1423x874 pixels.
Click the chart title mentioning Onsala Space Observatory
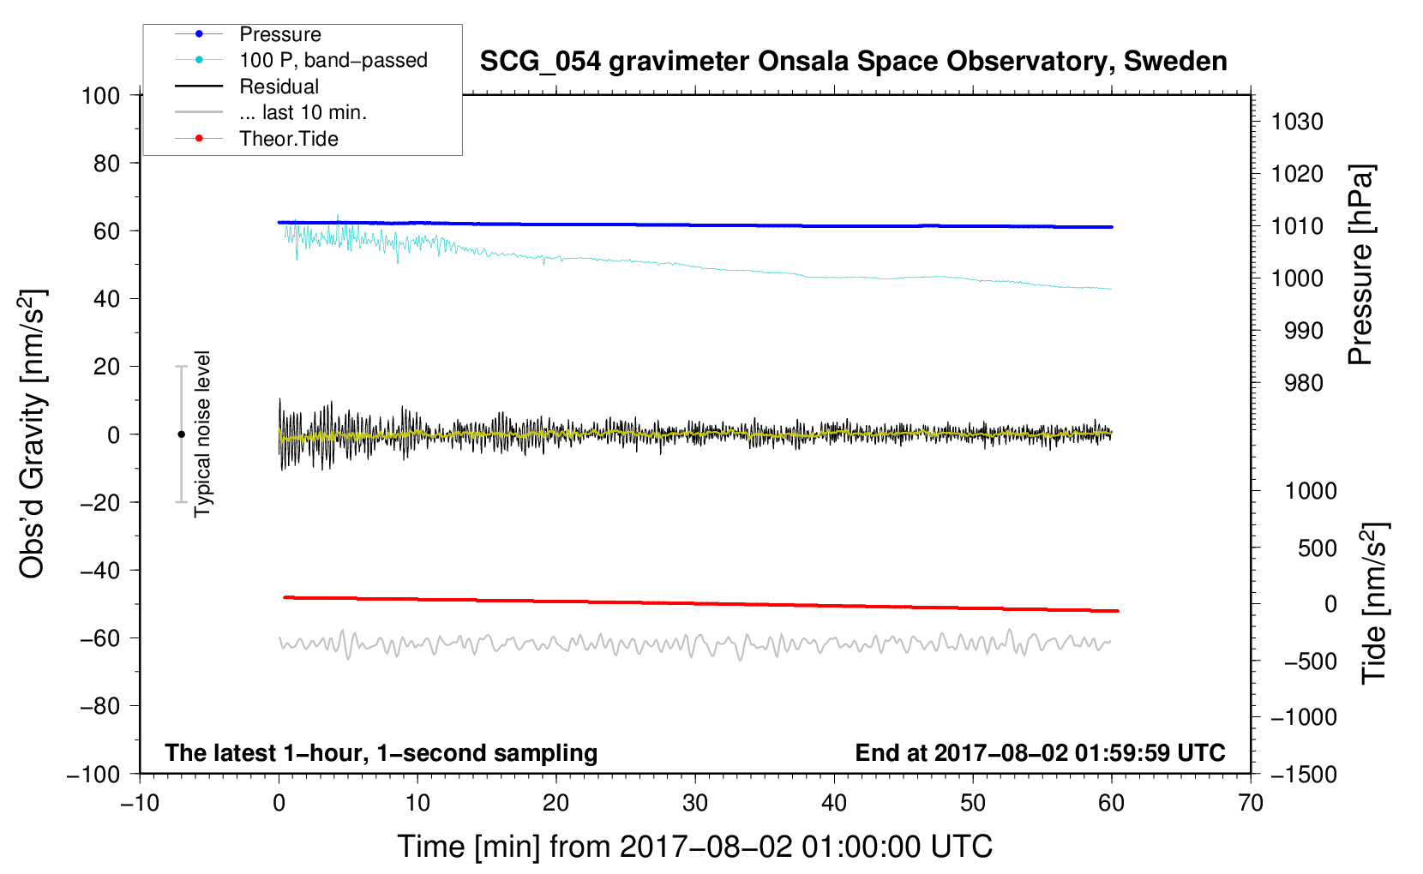(x=853, y=62)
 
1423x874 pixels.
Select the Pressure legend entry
(x=279, y=34)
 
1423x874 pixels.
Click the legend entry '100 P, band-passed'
(x=333, y=60)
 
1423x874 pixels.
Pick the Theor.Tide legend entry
(x=288, y=139)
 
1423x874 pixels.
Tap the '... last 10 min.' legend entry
(x=303, y=112)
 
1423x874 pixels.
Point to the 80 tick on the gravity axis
(x=106, y=163)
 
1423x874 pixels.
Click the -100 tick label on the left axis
(x=93, y=774)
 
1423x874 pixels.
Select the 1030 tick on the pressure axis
(x=1297, y=122)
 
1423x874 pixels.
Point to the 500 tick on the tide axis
(x=1317, y=548)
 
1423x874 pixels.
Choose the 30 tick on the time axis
(x=695, y=803)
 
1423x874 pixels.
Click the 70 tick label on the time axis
(x=1251, y=803)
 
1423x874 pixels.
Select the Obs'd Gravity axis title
(x=33, y=434)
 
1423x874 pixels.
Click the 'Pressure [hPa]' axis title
(x=1360, y=265)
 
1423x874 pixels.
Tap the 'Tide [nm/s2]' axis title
(x=1374, y=602)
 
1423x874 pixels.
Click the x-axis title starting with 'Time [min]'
(x=695, y=847)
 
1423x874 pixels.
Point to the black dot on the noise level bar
(x=181, y=434)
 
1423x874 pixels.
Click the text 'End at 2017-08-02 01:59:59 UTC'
(x=1040, y=753)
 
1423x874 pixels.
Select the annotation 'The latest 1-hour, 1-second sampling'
(x=381, y=753)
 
